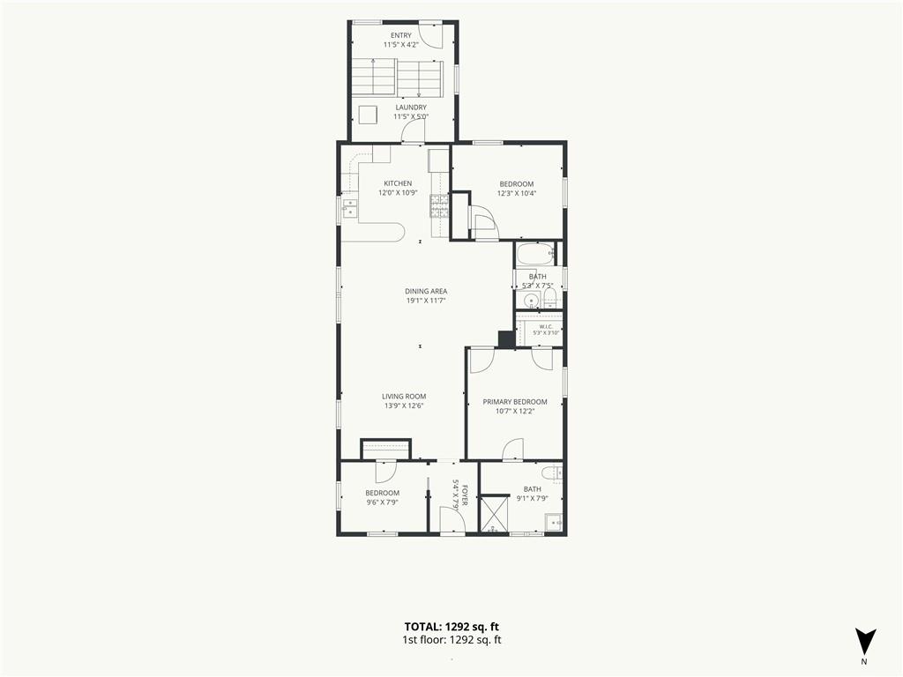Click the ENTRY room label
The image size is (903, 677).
pyautogui.click(x=401, y=35)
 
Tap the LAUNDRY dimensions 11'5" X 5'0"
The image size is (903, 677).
pyautogui.click(x=411, y=116)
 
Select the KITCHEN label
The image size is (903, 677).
pyautogui.click(x=398, y=183)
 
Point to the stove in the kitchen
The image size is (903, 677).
pyautogui.click(x=439, y=206)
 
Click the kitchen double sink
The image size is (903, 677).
pyautogui.click(x=350, y=208)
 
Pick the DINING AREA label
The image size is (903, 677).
pyautogui.click(x=426, y=291)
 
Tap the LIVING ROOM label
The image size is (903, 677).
pyautogui.click(x=404, y=396)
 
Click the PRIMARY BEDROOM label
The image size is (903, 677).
pyautogui.click(x=515, y=402)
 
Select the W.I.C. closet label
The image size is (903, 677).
pyautogui.click(x=546, y=326)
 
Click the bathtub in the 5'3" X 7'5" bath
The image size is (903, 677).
pyautogui.click(x=535, y=255)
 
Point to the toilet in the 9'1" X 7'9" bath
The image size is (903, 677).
pyautogui.click(x=555, y=472)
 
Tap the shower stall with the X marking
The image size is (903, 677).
pyautogui.click(x=494, y=515)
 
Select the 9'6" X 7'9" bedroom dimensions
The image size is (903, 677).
pyautogui.click(x=383, y=502)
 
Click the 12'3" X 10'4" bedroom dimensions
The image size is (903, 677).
pyautogui.click(x=517, y=193)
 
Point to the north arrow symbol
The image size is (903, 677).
pyautogui.click(x=865, y=642)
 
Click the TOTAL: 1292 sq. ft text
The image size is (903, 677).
pyautogui.click(x=451, y=627)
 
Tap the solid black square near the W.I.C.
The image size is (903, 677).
pyautogui.click(x=506, y=339)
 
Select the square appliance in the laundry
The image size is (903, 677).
pyautogui.click(x=368, y=115)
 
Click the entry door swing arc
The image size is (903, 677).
pyautogui.click(x=433, y=37)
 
